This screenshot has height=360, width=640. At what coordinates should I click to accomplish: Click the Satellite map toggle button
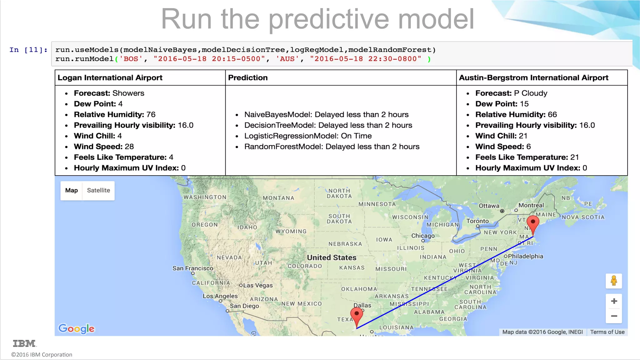(98, 190)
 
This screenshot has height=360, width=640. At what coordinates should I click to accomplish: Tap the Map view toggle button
(72, 190)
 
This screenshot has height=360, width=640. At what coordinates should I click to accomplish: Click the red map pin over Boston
(533, 223)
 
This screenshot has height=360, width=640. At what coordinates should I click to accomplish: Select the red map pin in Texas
(357, 315)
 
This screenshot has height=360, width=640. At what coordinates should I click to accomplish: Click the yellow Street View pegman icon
(614, 281)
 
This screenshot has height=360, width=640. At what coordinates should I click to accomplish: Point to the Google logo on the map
(77, 328)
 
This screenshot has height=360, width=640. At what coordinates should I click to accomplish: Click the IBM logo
(24, 343)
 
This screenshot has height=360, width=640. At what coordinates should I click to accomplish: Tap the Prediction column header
(248, 78)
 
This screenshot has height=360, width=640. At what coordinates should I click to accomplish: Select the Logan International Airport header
(110, 78)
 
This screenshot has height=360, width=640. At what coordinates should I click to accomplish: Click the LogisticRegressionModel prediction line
(308, 136)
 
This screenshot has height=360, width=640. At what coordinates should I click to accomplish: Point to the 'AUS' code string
(287, 59)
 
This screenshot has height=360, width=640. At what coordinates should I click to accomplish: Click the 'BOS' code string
(131, 59)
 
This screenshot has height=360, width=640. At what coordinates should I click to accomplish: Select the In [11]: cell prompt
(28, 50)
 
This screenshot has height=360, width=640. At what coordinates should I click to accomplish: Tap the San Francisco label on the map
(193, 268)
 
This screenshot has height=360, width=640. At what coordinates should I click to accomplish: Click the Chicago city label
(423, 236)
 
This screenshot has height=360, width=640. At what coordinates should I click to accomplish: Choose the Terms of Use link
(607, 332)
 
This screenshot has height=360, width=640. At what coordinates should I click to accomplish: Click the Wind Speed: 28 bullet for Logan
(104, 147)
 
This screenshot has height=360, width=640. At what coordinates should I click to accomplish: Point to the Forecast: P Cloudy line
(511, 93)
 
